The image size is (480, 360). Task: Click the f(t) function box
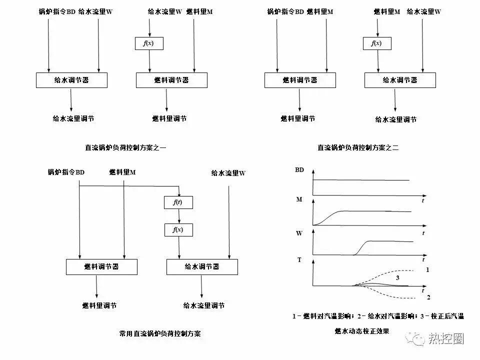click(x=178, y=202)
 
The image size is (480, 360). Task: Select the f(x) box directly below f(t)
click(x=178, y=230)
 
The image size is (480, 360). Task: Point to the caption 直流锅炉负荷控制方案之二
click(x=357, y=147)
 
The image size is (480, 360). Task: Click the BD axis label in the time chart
click(x=299, y=170)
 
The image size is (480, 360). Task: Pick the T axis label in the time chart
click(x=299, y=260)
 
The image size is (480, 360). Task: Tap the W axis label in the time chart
click(x=299, y=232)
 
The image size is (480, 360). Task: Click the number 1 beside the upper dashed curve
click(x=427, y=269)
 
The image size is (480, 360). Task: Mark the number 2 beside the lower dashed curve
click(x=428, y=297)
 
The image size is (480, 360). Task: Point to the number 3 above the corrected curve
click(x=397, y=276)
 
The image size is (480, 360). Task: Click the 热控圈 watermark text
click(x=446, y=339)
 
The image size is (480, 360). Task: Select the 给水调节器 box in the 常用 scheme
click(x=201, y=267)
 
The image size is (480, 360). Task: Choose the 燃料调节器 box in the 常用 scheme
click(x=101, y=267)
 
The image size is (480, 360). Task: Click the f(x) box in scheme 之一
click(x=149, y=43)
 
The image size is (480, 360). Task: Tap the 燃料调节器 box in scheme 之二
click(x=299, y=80)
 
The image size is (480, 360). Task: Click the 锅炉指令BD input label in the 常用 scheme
click(x=66, y=172)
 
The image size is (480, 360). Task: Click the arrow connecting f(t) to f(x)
click(x=178, y=216)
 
